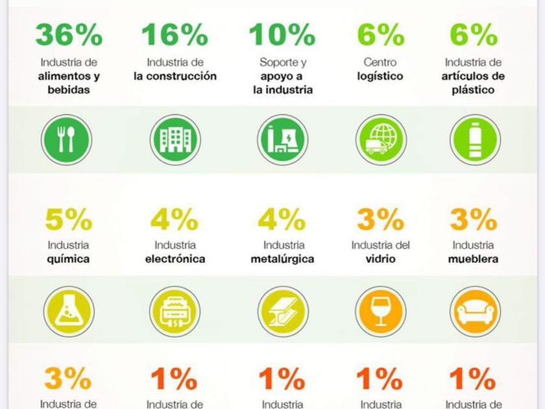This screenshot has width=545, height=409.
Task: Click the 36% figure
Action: (x=69, y=35)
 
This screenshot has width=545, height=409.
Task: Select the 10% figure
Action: (x=282, y=35)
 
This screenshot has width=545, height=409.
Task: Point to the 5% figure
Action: (x=68, y=221)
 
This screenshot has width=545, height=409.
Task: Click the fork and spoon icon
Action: (x=66, y=140)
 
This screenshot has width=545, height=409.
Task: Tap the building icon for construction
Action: (x=175, y=140)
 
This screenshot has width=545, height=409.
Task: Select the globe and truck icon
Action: (x=381, y=140)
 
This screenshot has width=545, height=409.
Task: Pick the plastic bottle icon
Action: (x=476, y=140)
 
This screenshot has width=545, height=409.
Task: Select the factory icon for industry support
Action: (x=282, y=140)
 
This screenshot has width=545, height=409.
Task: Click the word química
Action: (x=68, y=259)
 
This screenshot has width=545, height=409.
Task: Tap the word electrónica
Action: (x=175, y=259)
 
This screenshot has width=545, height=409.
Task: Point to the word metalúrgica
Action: (x=283, y=259)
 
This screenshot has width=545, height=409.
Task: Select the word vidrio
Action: (x=381, y=259)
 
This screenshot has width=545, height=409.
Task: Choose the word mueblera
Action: (x=473, y=259)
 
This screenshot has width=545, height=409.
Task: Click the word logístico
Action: (x=380, y=77)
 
